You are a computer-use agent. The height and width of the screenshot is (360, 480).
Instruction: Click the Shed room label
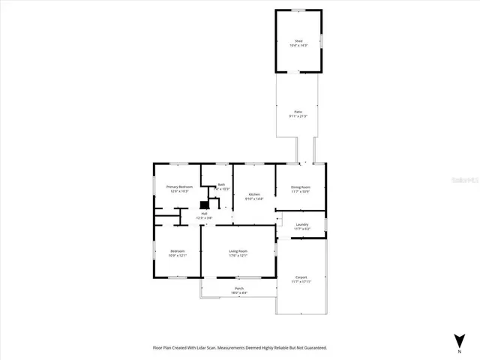click(x=298, y=40)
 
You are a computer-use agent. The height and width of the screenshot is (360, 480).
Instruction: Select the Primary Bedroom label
click(x=179, y=186)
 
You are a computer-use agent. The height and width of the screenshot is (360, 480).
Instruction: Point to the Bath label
click(x=221, y=185)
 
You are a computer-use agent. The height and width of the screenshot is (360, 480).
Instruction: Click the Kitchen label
click(x=254, y=194)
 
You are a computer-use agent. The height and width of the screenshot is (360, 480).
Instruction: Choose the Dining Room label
click(x=301, y=187)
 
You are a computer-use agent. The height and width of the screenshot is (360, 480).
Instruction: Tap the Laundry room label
click(x=301, y=224)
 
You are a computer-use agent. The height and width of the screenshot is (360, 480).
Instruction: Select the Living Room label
click(x=238, y=250)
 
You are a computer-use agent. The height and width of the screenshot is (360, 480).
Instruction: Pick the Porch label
click(x=238, y=288)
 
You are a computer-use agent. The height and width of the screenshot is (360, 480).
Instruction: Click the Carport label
click(x=301, y=277)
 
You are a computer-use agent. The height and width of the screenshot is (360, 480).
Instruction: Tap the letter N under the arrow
click(x=459, y=350)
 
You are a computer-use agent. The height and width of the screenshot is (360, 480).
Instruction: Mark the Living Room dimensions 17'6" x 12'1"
click(x=238, y=256)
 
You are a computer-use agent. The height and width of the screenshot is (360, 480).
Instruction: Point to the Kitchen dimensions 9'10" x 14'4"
click(x=254, y=199)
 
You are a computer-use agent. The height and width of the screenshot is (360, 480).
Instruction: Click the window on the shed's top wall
click(x=298, y=10)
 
